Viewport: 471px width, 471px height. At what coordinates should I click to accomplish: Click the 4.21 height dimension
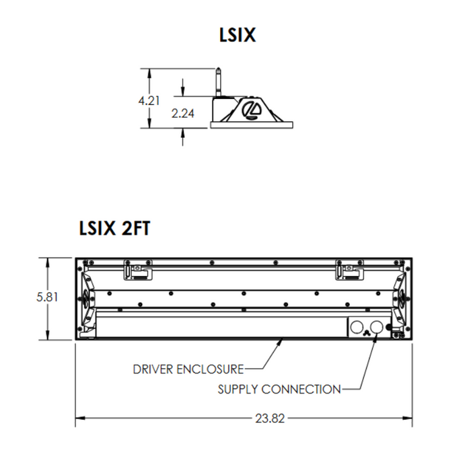pos(148,100)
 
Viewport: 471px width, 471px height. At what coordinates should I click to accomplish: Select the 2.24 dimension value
pos(182,114)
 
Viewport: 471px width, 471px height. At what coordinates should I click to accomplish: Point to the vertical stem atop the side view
pos(219,81)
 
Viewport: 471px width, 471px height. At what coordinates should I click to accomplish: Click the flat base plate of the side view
pos(252,124)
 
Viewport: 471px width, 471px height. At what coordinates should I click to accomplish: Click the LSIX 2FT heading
pos(114,228)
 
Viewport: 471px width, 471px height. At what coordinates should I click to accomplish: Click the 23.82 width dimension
pos(270,418)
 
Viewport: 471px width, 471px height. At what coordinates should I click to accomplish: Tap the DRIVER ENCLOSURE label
pos(188,368)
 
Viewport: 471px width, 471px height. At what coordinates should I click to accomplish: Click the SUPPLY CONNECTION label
pos(279,389)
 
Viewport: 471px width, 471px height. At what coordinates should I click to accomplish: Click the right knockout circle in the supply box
pos(379,326)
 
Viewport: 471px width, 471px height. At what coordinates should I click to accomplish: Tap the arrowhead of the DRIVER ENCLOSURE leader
pos(281,341)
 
